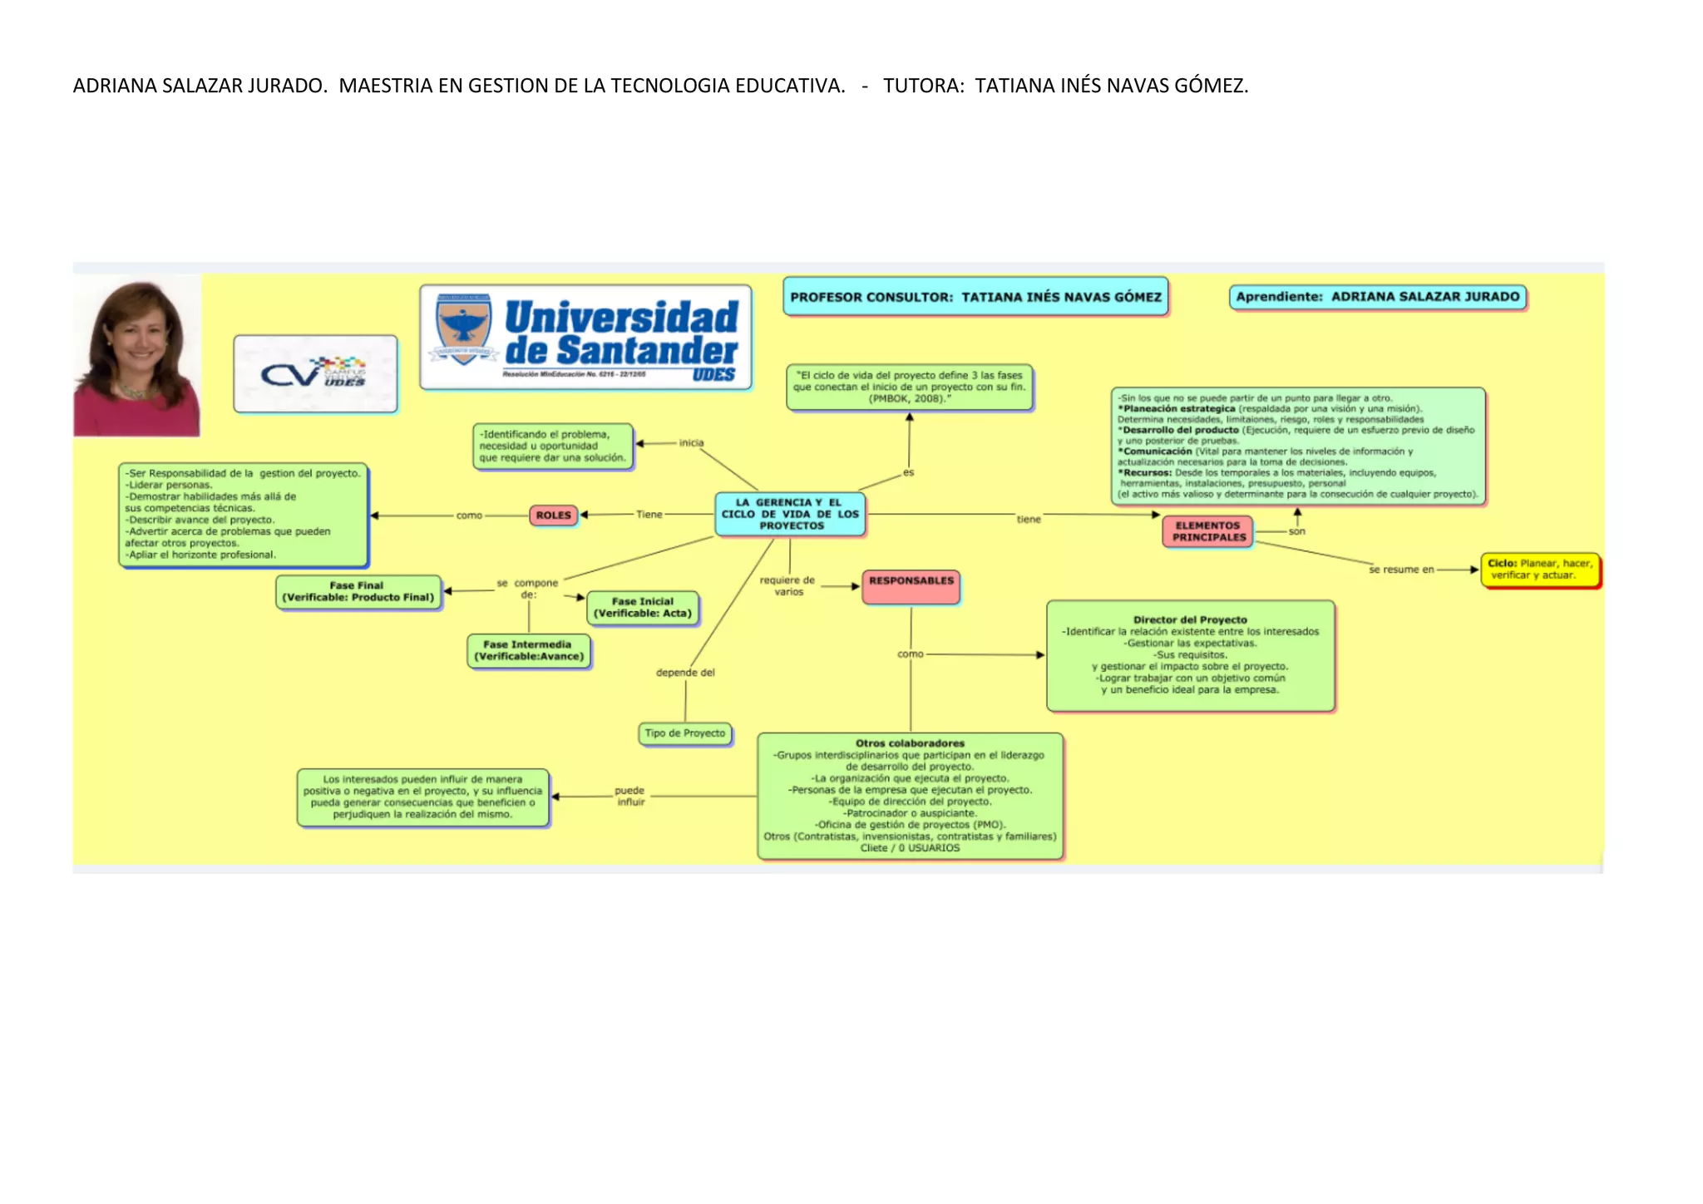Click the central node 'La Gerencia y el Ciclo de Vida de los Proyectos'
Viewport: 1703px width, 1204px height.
(790, 514)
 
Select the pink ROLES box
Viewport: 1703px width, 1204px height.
(553, 516)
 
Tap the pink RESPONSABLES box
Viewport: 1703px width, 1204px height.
(911, 585)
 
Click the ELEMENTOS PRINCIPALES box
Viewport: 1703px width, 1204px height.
(1208, 531)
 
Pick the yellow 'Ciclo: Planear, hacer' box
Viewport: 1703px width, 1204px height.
(1540, 570)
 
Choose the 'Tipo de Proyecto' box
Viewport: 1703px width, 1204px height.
(685, 733)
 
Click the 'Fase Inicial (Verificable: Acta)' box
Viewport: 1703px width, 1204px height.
(642, 608)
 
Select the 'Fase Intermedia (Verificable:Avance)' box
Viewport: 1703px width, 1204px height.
(529, 650)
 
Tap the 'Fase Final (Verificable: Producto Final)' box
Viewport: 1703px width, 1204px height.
(358, 591)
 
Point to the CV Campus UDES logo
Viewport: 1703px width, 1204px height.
(315, 373)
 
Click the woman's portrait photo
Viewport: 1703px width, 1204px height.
(137, 358)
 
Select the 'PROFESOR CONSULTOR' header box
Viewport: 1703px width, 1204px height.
(975, 297)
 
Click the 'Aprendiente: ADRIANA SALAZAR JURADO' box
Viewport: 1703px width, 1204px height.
(1377, 297)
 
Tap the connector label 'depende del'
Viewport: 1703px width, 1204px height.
(685, 673)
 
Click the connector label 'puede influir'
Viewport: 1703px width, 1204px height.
(630, 796)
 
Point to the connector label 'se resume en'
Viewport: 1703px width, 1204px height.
(1401, 570)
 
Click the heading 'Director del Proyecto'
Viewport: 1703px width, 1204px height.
(1190, 619)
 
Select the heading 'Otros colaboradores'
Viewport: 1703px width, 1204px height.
(910, 743)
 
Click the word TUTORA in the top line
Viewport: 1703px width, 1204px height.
(921, 86)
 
